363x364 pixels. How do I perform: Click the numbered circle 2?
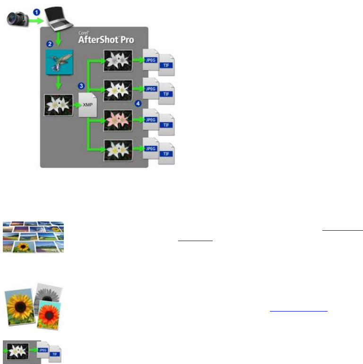pyautogui.click(x=49, y=44)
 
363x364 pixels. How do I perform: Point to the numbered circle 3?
pyautogui.click(x=81, y=86)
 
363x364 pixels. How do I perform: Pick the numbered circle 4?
pyautogui.click(x=138, y=104)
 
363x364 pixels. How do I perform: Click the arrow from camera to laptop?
pyautogui.click(x=36, y=20)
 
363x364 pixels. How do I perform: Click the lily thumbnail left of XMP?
pyautogui.click(x=58, y=105)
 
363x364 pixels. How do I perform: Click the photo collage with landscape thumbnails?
pyautogui.click(x=33, y=236)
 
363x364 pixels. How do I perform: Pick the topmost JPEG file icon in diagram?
pyautogui.click(x=150, y=60)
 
